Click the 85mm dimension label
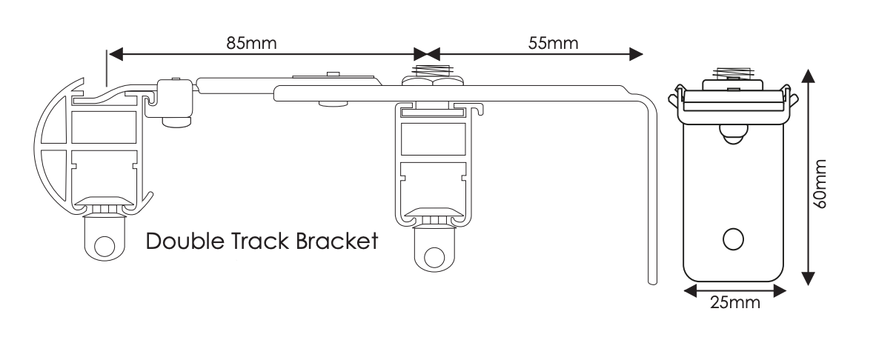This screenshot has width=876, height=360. coord(252,42)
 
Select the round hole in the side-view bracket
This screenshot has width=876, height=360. coord(732,239)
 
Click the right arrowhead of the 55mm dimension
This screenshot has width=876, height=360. coord(636,53)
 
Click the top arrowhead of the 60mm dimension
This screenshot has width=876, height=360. coord(809,75)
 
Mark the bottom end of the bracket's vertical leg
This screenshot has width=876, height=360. coord(652,279)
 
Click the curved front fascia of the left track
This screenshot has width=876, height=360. coord(46,148)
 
